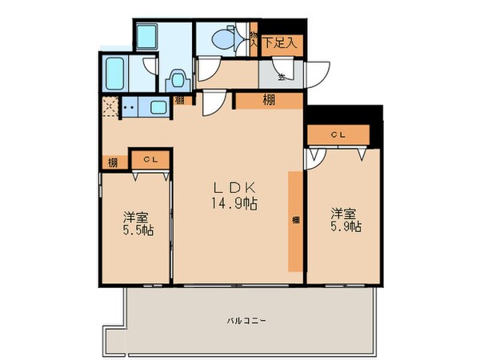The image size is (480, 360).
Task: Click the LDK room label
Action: (234, 190)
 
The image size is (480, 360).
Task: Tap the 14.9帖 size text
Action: (234, 205)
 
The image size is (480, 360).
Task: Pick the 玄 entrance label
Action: (282, 78)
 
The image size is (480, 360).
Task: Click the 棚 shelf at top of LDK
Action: (270, 101)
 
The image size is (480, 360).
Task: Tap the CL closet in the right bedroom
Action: (338, 134)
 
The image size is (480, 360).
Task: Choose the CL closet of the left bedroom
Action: (150, 160)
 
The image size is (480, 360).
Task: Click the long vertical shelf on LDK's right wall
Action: (296, 220)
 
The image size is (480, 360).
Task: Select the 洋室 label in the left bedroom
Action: (135, 216)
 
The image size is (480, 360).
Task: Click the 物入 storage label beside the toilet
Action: (253, 40)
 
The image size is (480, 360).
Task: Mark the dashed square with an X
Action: (107, 106)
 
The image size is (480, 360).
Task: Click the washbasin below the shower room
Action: (178, 81)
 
